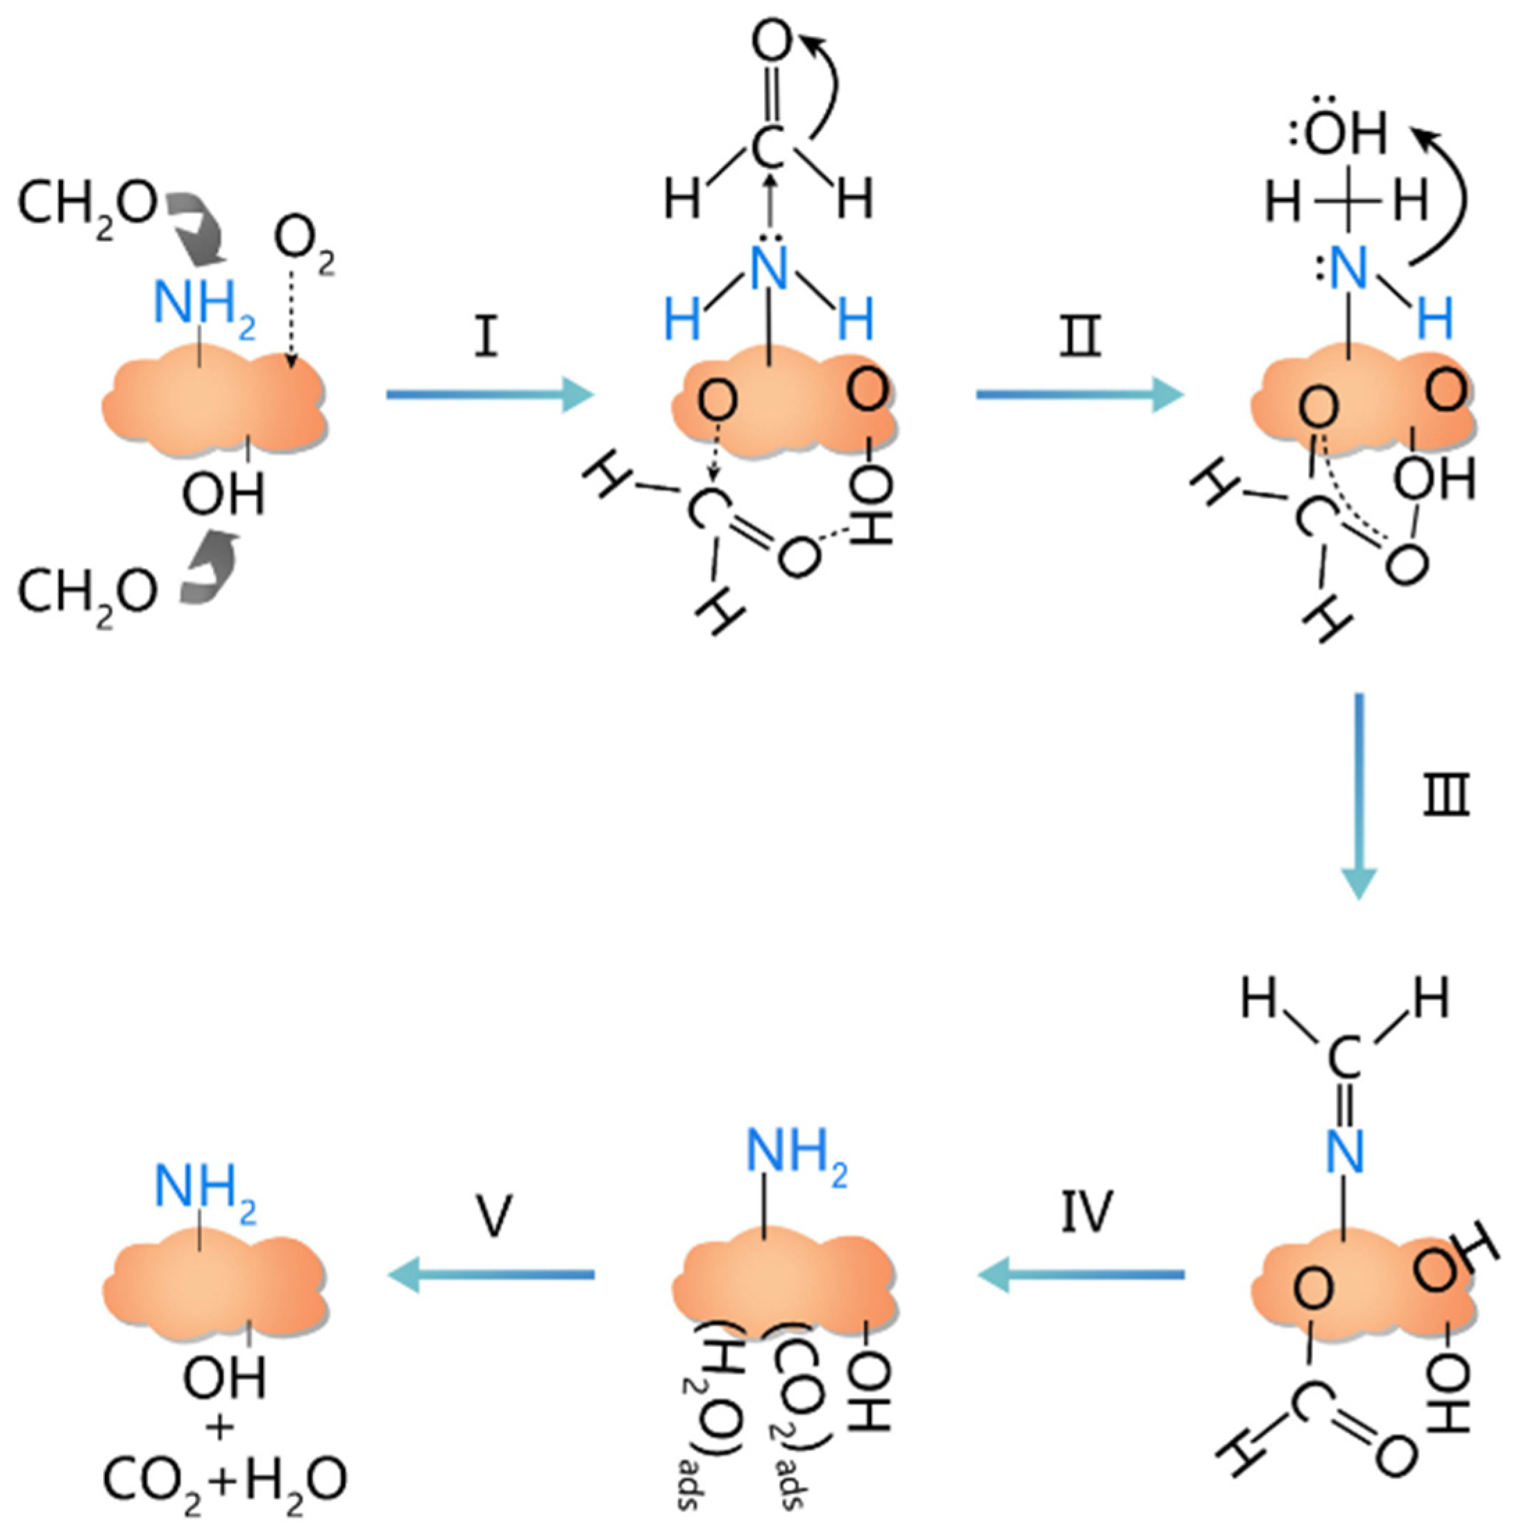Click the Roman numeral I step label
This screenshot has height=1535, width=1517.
[x=485, y=337]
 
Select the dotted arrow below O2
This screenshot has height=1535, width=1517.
[x=291, y=318]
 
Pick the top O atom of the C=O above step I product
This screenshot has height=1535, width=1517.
[x=771, y=44]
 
